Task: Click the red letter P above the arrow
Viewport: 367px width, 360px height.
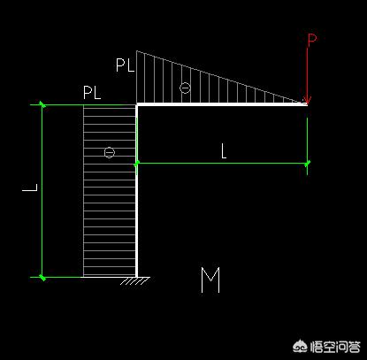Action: point(312,41)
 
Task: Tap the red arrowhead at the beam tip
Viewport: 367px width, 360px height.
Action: point(307,100)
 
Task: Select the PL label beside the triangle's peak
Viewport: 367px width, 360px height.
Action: point(126,65)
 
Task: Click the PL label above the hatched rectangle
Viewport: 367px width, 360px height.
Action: point(92,93)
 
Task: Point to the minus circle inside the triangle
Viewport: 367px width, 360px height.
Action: point(185,88)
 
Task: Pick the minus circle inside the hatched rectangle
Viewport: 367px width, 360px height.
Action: point(110,152)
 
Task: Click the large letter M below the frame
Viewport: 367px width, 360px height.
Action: point(210,280)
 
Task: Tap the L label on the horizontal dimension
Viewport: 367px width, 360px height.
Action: point(224,152)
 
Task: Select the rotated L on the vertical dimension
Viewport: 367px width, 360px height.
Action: point(30,188)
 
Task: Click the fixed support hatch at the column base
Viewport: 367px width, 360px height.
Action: point(135,280)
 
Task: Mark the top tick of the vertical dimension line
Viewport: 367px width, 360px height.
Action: point(42,104)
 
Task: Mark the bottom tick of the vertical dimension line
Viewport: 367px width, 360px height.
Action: point(42,277)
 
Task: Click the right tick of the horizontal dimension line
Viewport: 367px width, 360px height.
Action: point(307,163)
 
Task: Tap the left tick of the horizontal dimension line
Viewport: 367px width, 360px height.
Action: point(136,163)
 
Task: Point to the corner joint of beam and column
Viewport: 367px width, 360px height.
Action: point(137,104)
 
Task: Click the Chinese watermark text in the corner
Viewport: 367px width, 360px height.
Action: point(335,347)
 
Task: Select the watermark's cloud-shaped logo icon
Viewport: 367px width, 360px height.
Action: point(301,347)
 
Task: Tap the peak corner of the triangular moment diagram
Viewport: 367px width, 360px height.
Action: point(136,51)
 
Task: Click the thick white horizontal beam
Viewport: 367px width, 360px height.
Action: point(222,104)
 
